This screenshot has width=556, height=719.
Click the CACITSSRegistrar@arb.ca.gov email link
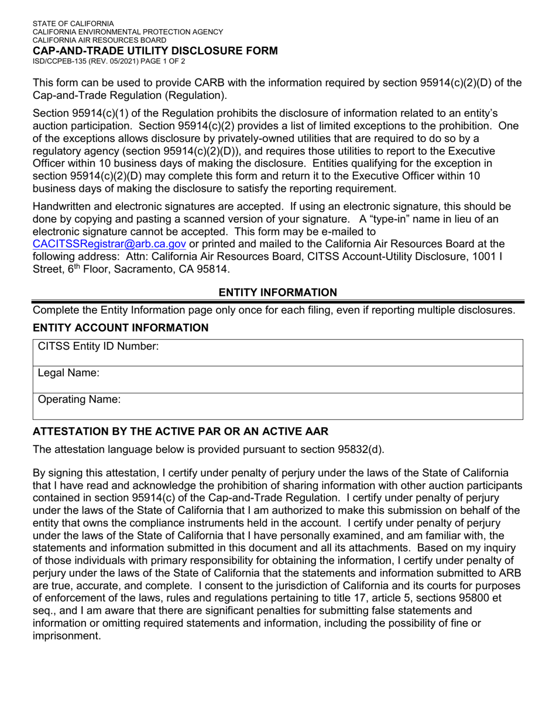109,244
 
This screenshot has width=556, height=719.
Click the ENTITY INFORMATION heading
277,292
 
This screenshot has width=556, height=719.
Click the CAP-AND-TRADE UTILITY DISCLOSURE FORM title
155,51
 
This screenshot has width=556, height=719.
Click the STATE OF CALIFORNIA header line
73,23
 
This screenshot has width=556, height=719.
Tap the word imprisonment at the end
66,635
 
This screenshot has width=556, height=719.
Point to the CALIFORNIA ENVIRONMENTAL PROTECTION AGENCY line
128,32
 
